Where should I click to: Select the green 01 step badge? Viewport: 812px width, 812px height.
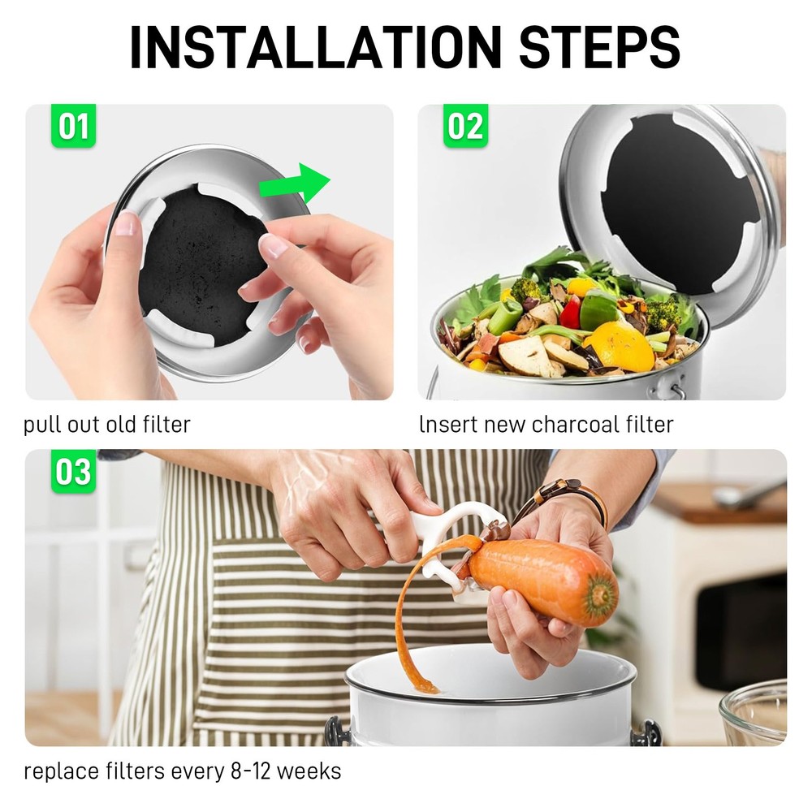click(73, 126)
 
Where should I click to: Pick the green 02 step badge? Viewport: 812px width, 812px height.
click(465, 126)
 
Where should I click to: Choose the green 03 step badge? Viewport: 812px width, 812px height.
click(73, 471)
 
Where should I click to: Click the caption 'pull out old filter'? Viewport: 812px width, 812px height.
click(107, 424)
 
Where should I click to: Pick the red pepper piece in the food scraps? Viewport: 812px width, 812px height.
click(571, 313)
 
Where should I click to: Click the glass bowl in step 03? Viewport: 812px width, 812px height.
click(755, 715)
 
